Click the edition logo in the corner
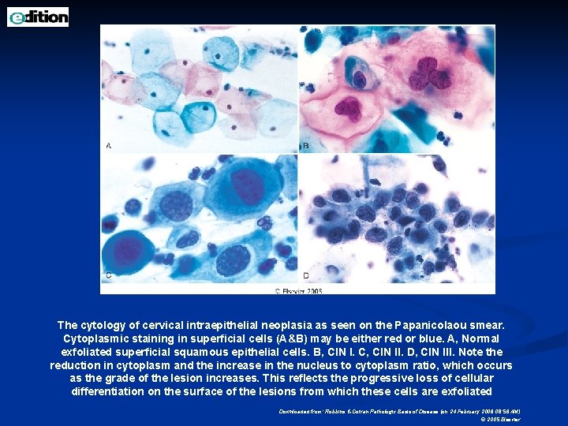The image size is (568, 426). tap(38, 17)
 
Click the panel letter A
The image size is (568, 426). tap(108, 146)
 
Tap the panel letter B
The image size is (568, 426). tap(305, 146)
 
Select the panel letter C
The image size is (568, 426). tap(108, 275)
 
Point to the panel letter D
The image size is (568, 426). tap(305, 275)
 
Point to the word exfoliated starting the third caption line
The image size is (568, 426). tap(88, 352)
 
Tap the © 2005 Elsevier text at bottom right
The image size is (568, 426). tap(500, 419)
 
